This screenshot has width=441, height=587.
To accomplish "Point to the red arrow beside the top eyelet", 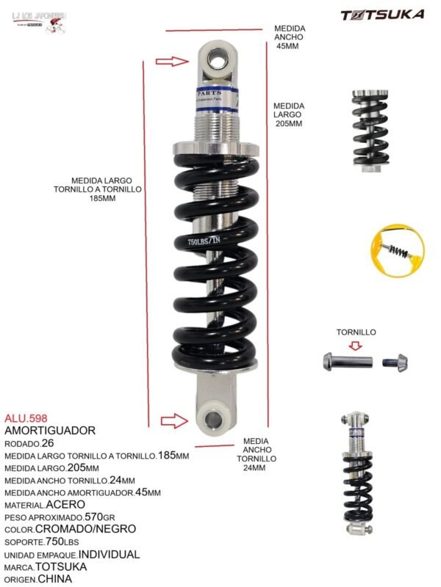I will coord(173,61).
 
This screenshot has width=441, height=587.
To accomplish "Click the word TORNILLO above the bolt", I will coord(356,332).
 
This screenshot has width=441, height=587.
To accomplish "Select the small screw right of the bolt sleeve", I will coord(395,362).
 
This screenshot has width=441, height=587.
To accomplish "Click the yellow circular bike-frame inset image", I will coord(398,251).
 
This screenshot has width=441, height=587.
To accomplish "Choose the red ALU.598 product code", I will coord(26,418).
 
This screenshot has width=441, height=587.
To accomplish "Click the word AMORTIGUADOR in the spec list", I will coord(50,430).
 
